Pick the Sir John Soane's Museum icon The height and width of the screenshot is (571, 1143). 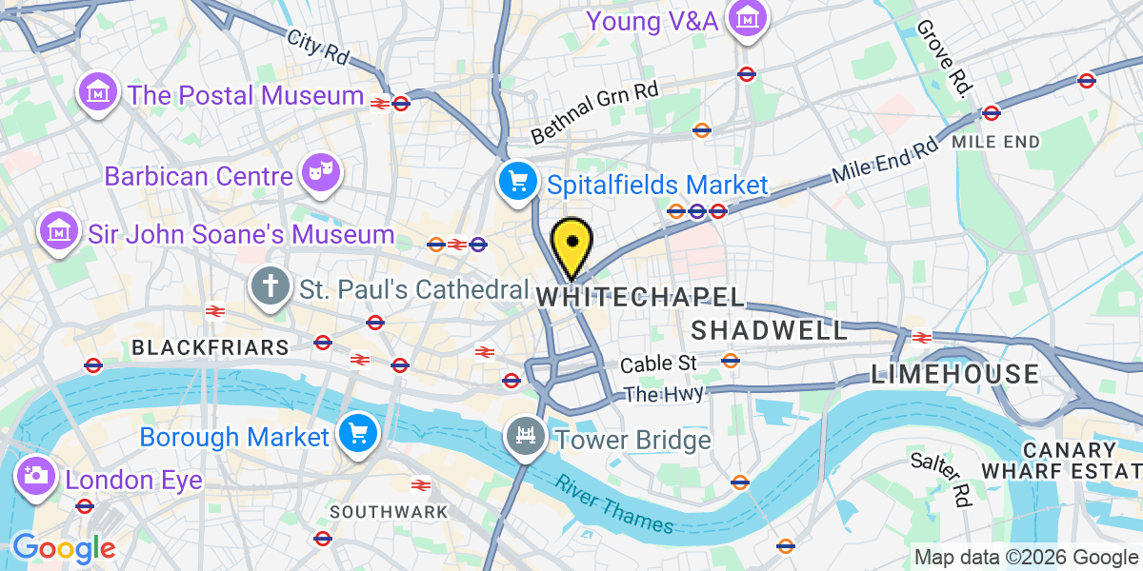(59, 231)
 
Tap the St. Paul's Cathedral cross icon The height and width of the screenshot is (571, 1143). (271, 285)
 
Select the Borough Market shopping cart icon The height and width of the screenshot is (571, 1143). (358, 436)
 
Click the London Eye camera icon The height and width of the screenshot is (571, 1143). (37, 477)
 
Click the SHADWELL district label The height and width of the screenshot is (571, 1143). (769, 330)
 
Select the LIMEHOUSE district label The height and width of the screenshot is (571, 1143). (955, 374)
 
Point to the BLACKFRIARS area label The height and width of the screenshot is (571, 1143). (210, 347)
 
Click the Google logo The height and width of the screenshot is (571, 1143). (63, 548)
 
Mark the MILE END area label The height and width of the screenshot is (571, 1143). (995, 142)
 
